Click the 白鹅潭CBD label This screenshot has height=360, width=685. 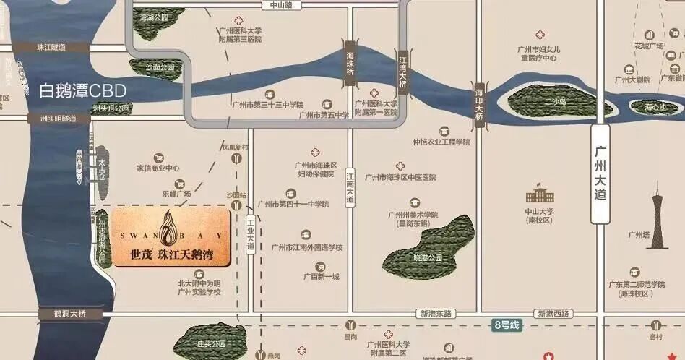(82, 90)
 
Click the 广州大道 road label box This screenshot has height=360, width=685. (600, 174)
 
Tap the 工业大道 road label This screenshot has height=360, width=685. (251, 234)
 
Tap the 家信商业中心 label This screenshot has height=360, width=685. (158, 168)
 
